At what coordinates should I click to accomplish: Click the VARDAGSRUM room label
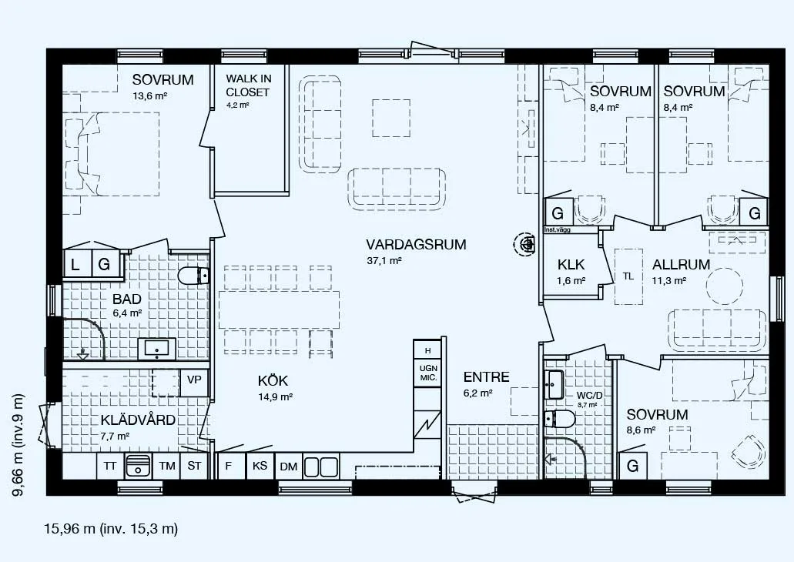pyautogui.click(x=416, y=245)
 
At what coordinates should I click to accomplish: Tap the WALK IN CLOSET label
pyautogui.click(x=248, y=85)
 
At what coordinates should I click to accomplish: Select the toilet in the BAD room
pyautogui.click(x=193, y=276)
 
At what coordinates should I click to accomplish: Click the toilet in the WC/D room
pyautogui.click(x=560, y=419)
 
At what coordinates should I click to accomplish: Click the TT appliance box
pyautogui.click(x=110, y=466)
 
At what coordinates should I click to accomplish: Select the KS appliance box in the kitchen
pyautogui.click(x=260, y=466)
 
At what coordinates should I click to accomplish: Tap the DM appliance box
pyautogui.click(x=289, y=467)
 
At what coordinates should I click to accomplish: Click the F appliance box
pyautogui.click(x=229, y=466)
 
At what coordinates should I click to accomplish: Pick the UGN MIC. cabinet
pyautogui.click(x=428, y=373)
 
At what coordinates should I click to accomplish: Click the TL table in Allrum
pyautogui.click(x=628, y=276)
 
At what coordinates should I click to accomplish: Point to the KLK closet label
pyautogui.click(x=571, y=264)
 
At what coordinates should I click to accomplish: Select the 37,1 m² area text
pyautogui.click(x=384, y=261)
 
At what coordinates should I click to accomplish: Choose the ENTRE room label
pyautogui.click(x=486, y=377)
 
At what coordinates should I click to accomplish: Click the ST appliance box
pyautogui.click(x=194, y=466)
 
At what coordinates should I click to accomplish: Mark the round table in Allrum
pyautogui.click(x=725, y=285)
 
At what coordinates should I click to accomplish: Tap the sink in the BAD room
pyautogui.click(x=157, y=348)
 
